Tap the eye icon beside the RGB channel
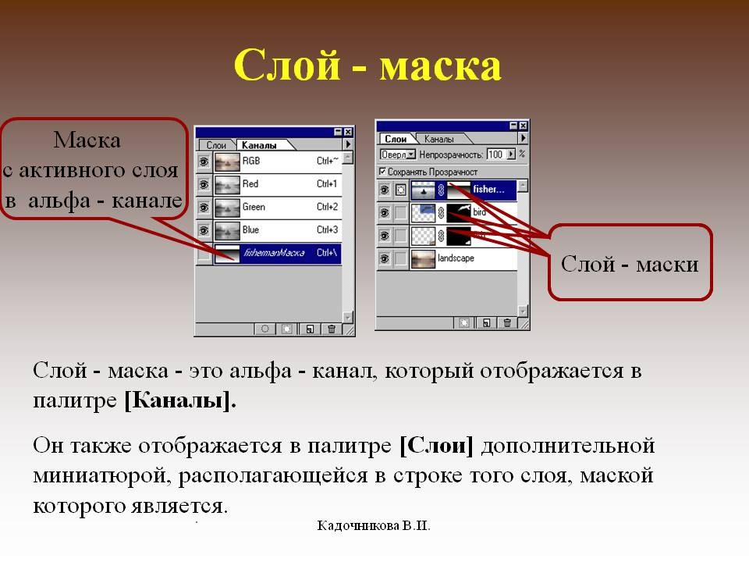pos(204,162)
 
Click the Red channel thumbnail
pos(227,184)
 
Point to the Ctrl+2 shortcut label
pos(327,207)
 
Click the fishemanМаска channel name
pos(273,253)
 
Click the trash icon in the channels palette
pos(332,329)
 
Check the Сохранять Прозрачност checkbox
pos(382,171)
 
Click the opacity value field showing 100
pos(495,155)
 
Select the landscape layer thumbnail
pos(424,258)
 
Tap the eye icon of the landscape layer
pos(384,258)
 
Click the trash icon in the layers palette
pos(507,322)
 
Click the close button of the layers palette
pos(524,126)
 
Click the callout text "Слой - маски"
pos(629,264)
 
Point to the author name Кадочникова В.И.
pos(374,525)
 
